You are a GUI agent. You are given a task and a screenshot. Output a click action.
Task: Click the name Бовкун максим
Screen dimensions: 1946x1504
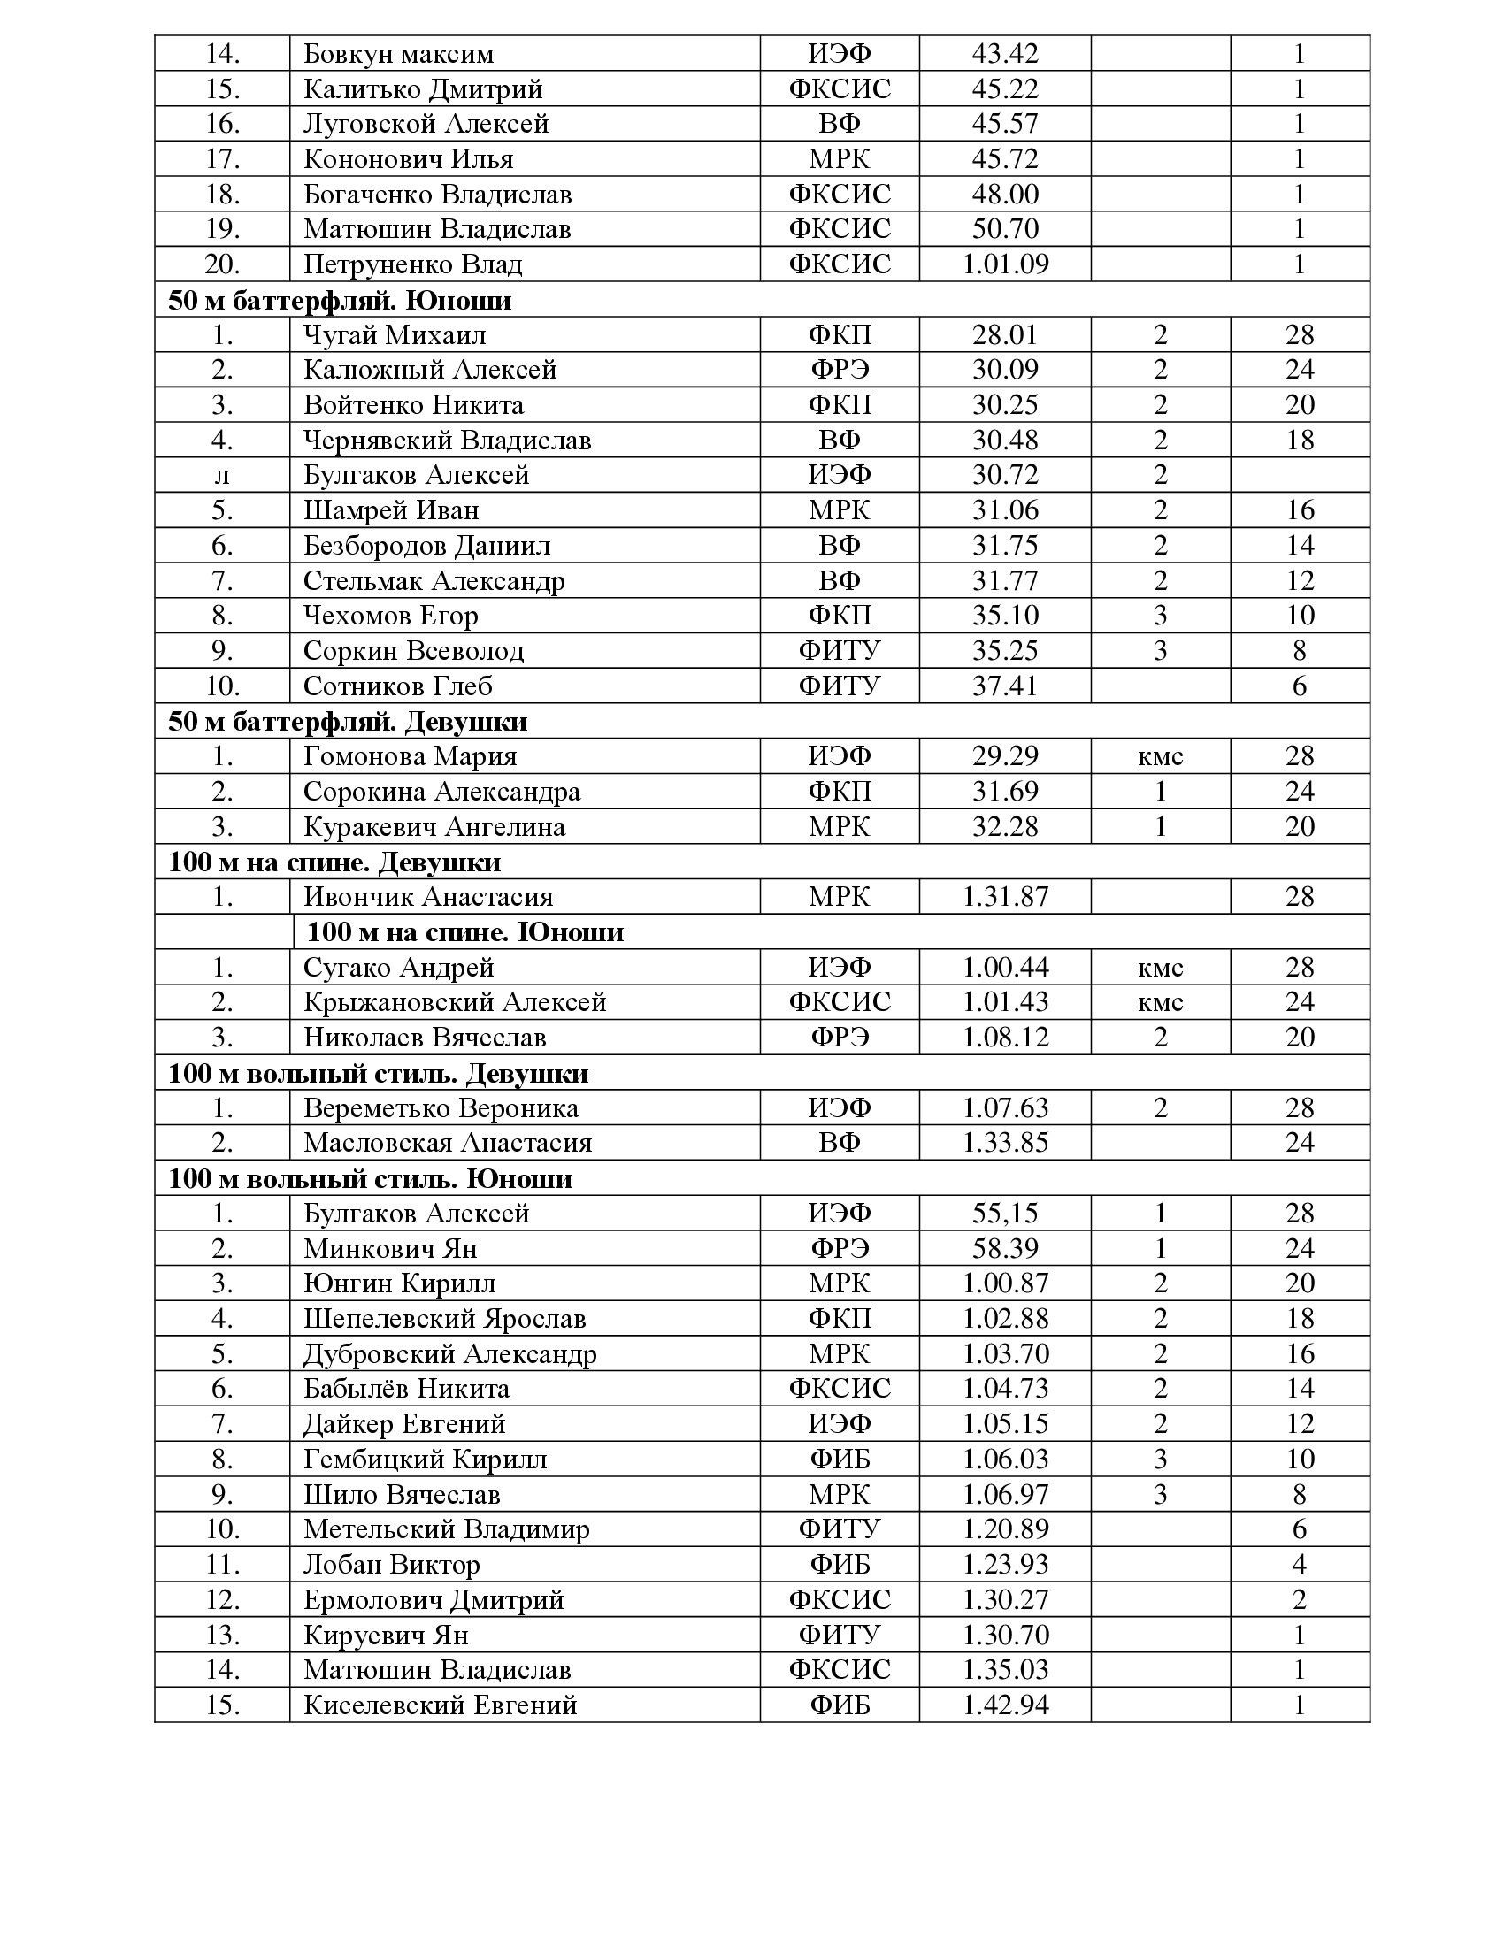398,53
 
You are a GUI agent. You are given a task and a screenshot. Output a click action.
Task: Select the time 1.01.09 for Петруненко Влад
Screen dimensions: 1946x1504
1005,264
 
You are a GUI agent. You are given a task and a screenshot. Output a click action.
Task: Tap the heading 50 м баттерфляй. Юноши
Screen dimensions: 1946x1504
340,300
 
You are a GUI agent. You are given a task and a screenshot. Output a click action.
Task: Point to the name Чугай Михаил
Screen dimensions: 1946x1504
395,335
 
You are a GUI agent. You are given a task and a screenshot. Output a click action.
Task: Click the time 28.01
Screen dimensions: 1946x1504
1005,335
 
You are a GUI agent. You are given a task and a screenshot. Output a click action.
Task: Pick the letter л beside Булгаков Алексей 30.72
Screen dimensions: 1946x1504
222,475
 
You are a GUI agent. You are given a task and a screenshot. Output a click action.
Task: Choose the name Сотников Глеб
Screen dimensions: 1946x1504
397,686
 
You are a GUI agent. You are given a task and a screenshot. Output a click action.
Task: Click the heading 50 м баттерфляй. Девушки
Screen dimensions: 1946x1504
348,721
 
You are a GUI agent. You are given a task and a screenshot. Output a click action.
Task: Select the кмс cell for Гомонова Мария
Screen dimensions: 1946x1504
1160,756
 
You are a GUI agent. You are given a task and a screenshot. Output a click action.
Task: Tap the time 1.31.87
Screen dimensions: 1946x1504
1005,896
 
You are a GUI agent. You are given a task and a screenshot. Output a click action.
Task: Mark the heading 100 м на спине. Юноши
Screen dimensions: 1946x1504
465,932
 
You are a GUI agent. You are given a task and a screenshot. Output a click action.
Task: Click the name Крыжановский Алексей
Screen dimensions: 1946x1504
455,1002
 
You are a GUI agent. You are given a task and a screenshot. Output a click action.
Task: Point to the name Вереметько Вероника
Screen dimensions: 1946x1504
441,1107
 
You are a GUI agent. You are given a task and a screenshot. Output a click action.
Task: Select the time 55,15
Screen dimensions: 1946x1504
1005,1213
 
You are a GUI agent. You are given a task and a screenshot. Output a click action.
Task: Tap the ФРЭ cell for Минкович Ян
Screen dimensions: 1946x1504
840,1248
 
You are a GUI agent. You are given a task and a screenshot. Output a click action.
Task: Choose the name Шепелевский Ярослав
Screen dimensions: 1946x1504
445,1319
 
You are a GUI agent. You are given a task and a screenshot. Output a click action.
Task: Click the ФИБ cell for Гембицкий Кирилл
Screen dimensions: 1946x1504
840,1459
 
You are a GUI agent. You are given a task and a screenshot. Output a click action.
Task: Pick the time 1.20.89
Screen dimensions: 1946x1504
1005,1529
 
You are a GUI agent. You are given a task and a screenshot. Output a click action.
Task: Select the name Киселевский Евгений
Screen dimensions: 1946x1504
441,1705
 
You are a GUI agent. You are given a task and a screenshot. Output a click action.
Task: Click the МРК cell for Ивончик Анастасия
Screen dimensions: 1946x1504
840,896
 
